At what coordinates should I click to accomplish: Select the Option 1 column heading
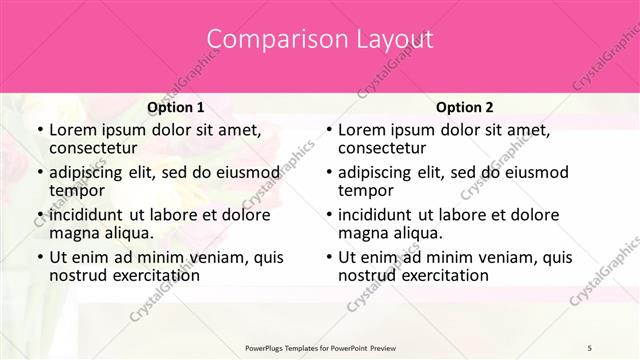pos(175,107)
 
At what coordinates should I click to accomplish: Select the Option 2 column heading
pos(464,107)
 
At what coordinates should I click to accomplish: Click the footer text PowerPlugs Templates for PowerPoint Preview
pos(319,346)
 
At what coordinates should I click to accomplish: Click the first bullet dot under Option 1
pos(38,130)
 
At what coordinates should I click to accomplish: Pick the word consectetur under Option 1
pos(92,149)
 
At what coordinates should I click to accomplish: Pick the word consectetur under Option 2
pos(381,149)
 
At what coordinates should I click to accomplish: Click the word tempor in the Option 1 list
pos(75,191)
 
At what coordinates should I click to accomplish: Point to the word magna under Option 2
pos(363,233)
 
